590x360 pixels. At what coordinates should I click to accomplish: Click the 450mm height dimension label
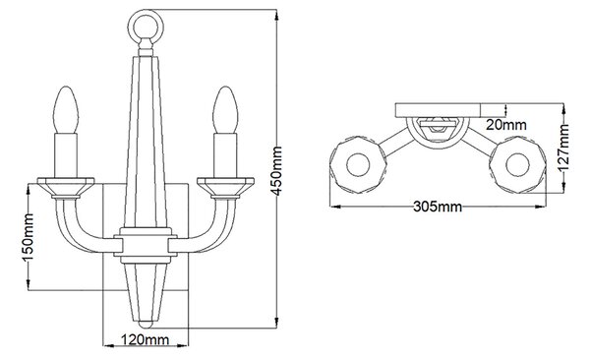point(277,171)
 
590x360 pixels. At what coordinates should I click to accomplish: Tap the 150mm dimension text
point(29,237)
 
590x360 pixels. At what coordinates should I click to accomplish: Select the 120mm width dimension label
point(145,339)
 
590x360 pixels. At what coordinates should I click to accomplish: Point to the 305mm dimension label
point(438,207)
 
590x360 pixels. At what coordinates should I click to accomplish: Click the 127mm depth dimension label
point(563,148)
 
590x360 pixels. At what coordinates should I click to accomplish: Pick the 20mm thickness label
point(506,124)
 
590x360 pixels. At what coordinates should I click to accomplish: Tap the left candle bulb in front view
point(66,110)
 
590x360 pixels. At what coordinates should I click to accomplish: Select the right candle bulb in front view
point(225,110)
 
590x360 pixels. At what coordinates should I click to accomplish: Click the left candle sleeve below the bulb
point(66,155)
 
